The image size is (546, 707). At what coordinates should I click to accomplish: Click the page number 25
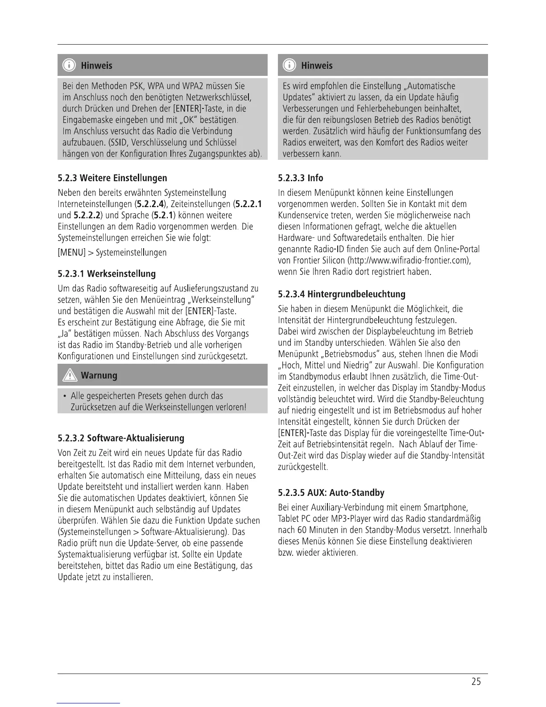pyautogui.click(x=476, y=682)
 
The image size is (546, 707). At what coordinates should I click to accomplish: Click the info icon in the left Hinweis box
pyautogui.click(x=69, y=66)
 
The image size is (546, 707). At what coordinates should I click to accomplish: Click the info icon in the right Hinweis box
pyautogui.click(x=290, y=66)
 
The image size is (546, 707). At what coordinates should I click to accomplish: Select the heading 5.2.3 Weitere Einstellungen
pyautogui.click(x=112, y=178)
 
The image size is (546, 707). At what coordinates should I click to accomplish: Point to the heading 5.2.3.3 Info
pyautogui.click(x=300, y=178)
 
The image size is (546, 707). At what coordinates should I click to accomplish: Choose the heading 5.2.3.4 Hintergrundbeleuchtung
pyautogui.click(x=341, y=294)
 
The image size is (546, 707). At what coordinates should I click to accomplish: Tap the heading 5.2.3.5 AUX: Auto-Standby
pyautogui.click(x=331, y=493)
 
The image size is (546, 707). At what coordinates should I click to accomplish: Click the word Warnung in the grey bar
pyautogui.click(x=99, y=375)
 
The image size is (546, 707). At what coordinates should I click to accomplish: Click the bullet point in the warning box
pyautogui.click(x=65, y=396)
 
